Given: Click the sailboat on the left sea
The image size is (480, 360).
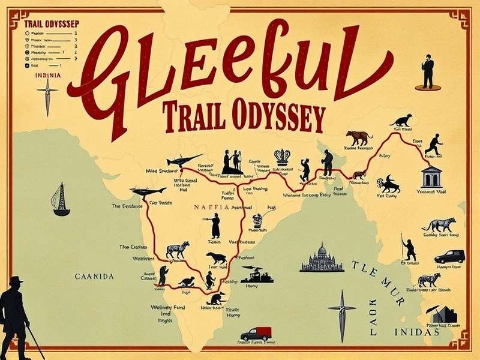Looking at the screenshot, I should (x=60, y=200).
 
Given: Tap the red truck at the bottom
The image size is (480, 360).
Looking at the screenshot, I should (x=256, y=334).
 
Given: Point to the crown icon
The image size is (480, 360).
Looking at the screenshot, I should (x=282, y=156).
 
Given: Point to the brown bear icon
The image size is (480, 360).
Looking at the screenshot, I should (x=359, y=137).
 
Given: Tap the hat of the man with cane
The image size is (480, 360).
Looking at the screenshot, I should (x=17, y=280).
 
